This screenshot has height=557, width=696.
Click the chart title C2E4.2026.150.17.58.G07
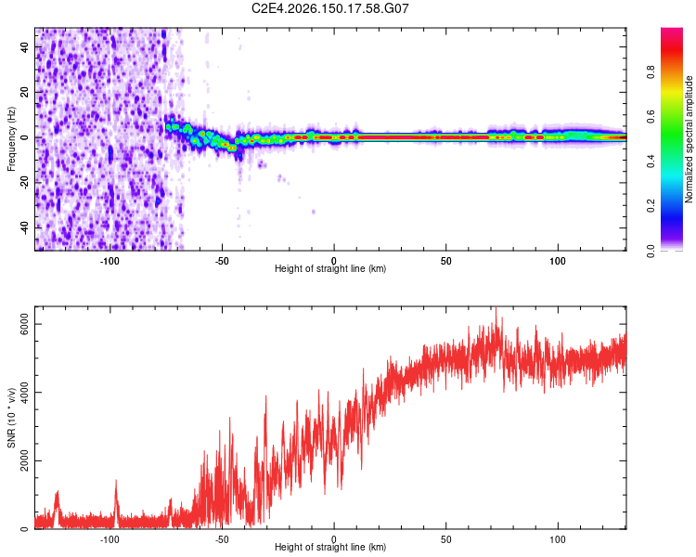(329, 8)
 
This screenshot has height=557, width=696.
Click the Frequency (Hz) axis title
(11, 139)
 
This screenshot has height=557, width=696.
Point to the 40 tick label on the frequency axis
(24, 47)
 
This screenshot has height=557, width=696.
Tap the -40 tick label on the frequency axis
(24, 228)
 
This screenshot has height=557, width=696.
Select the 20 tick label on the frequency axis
(24, 92)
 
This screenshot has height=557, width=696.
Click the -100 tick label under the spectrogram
(110, 261)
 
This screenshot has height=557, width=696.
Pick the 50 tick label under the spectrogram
(446, 261)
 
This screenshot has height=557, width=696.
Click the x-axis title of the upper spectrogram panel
(330, 268)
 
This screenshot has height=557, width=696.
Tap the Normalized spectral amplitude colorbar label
(689, 139)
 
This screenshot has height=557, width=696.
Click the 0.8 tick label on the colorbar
(651, 71)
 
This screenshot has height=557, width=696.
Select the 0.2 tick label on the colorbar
(651, 206)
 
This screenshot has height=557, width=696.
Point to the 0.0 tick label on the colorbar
(651, 251)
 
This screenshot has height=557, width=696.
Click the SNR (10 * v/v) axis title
(11, 418)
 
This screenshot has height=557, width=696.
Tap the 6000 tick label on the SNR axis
(24, 324)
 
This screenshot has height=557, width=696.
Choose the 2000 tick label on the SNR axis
(24, 460)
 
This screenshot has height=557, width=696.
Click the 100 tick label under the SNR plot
(558, 539)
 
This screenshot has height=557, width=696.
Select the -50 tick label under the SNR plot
(222, 539)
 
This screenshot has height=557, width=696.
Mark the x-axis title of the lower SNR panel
(330, 547)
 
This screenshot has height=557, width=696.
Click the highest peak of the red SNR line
(496, 308)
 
